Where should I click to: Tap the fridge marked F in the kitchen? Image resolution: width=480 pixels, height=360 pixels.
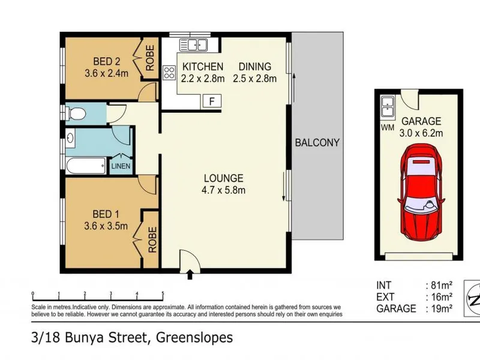212,101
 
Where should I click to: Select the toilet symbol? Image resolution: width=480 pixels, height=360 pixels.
76,114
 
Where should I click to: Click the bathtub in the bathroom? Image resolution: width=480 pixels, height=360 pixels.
86,166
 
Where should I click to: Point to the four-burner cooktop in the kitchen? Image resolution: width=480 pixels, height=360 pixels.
169,73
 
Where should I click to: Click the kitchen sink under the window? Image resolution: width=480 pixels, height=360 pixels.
193,44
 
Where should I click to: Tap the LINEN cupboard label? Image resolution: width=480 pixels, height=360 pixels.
121,166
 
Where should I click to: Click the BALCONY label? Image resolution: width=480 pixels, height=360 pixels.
317,143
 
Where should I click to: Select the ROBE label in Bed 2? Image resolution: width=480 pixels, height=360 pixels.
150,58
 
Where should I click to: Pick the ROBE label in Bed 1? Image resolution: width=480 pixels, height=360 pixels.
152,239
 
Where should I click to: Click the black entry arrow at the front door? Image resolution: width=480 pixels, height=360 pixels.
190,274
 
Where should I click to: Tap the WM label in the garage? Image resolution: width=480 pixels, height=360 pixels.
388,128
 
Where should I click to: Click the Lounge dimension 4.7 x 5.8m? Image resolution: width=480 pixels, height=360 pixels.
223,190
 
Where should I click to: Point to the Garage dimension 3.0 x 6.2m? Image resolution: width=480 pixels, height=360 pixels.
421,133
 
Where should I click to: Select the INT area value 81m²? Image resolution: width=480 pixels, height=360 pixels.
442,286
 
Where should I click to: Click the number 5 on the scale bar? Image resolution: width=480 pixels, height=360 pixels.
163,293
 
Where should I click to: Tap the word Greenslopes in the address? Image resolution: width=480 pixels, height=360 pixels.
194,338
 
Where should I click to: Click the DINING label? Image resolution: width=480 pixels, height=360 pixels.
254,67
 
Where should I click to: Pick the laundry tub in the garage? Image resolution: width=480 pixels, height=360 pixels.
388,106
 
